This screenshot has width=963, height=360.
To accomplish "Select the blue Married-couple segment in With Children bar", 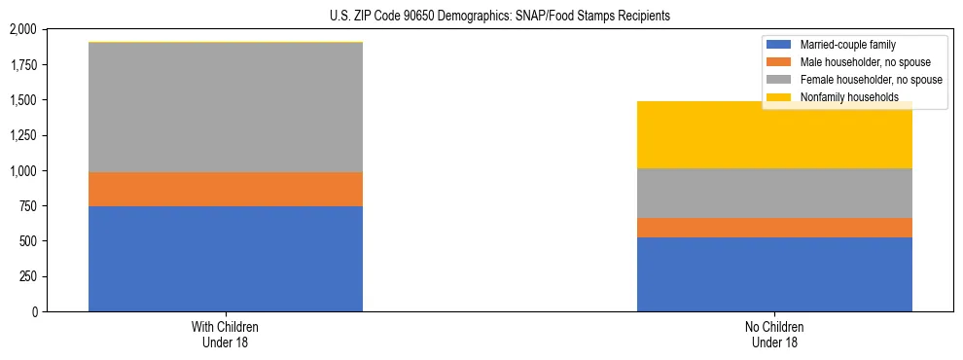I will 226,259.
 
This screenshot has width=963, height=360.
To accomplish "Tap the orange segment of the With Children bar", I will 226,189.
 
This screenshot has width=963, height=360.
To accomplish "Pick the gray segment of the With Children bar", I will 226,107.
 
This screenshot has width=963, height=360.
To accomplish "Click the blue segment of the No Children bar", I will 774,274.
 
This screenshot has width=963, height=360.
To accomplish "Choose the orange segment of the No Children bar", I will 774,228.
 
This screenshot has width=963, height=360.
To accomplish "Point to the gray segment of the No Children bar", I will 774,193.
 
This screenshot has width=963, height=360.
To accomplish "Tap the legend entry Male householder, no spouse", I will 857,62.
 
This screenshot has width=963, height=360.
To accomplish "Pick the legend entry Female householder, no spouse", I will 860,80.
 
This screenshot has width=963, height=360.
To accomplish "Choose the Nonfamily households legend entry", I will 842,97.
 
